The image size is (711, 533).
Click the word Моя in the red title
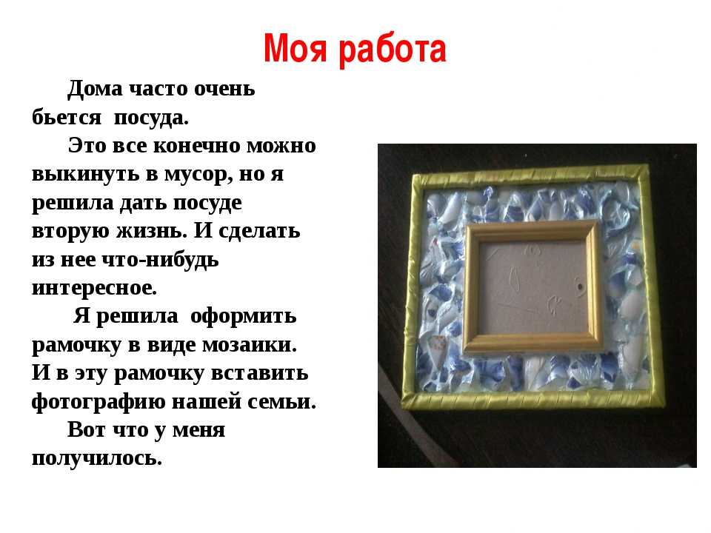click(295, 49)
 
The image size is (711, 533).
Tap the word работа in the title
click(393, 50)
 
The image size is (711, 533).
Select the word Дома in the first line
click(95, 89)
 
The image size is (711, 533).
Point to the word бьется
click(66, 117)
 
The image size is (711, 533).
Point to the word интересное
click(94, 288)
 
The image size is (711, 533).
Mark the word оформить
click(243, 316)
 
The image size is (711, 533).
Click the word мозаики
click(249, 345)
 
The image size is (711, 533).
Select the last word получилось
click(96, 458)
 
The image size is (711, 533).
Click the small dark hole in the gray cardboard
click(581, 288)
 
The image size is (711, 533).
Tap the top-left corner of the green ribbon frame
click(413, 178)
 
